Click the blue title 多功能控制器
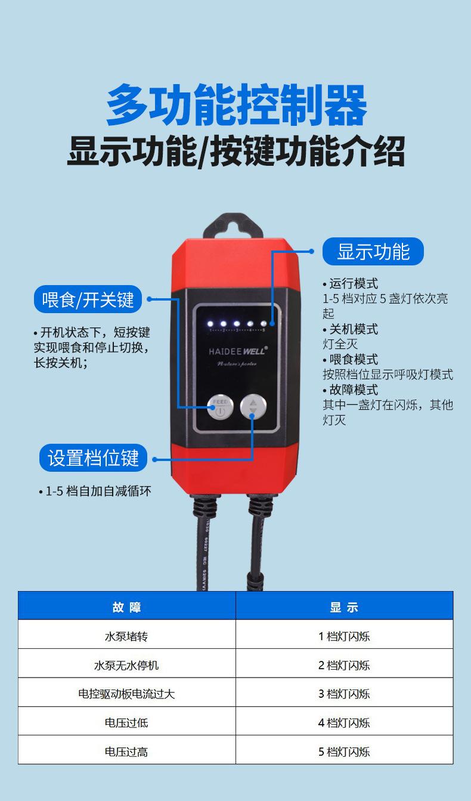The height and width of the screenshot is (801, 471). [235, 106]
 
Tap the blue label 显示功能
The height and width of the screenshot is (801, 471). [373, 252]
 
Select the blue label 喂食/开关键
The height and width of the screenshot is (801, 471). [88, 299]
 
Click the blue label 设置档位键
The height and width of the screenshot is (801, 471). [93, 458]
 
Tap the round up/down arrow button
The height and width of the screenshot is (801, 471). [253, 407]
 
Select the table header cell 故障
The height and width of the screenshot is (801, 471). [126, 607]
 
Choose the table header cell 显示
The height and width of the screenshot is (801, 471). [344, 607]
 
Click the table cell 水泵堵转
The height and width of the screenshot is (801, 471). [126, 636]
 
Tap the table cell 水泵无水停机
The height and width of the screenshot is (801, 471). [126, 665]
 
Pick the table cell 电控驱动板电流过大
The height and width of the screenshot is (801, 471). [126, 694]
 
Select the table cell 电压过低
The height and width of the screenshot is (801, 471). [126, 723]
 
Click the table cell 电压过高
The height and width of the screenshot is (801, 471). [126, 751]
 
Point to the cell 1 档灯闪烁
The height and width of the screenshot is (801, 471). [344, 636]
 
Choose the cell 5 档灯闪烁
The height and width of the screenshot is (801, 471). [344, 751]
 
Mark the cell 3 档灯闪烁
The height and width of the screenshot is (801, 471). [344, 694]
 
